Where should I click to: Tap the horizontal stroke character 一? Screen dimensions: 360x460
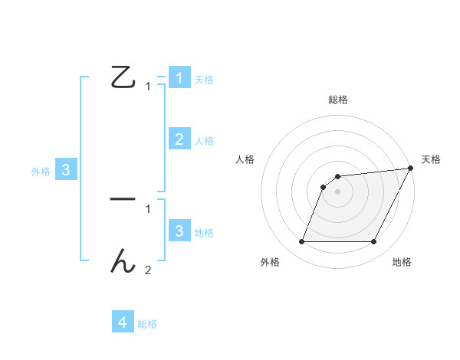(123, 199)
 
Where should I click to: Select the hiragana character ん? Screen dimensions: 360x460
(123, 262)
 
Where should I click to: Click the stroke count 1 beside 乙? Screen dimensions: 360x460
(148, 87)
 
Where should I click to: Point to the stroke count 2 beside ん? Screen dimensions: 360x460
(148, 270)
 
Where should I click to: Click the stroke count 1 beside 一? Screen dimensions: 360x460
(148, 208)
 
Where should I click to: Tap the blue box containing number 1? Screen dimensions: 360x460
(179, 78)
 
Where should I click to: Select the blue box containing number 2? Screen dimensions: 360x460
(179, 139)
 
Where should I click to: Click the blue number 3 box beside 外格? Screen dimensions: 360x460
(66, 171)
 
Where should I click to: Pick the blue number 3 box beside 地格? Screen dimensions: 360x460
(179, 231)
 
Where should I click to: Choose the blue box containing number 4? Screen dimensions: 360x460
(123, 322)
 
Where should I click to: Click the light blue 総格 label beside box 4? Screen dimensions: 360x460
(147, 324)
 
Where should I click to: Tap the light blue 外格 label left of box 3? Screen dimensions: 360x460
(41, 172)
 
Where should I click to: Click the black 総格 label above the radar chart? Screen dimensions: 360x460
(337, 100)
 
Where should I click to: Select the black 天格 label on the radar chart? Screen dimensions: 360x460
(431, 159)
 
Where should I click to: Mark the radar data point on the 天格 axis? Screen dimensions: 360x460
(410, 169)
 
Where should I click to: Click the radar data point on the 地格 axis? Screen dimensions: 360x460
(374, 242)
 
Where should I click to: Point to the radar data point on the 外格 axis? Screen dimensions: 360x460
(301, 242)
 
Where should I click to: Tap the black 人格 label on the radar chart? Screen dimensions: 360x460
(245, 159)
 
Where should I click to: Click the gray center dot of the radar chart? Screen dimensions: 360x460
(337, 191)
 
